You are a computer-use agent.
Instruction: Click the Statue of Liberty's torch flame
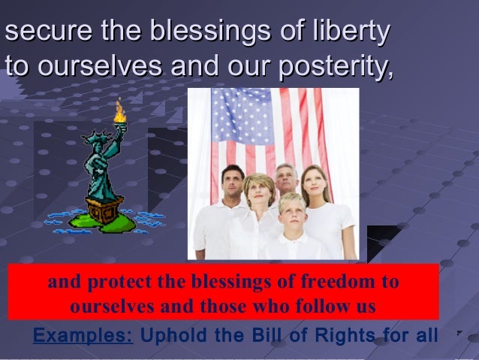[119, 113]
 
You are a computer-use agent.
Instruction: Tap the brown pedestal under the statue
[104, 210]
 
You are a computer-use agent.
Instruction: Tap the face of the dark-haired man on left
[233, 183]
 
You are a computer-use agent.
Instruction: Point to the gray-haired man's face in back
[285, 180]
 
